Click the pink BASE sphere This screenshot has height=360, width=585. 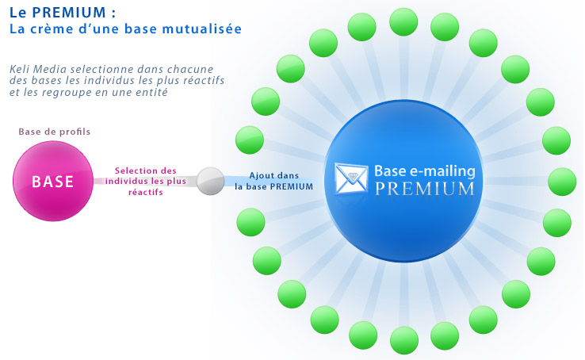[52, 182]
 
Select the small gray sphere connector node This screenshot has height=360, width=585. [210, 181]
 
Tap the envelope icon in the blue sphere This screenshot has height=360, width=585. [350, 179]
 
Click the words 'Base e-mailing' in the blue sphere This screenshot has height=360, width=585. [425, 170]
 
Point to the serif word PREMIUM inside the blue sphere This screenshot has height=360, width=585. [425, 189]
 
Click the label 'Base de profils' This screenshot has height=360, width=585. [55, 132]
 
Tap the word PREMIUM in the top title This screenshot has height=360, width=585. [69, 13]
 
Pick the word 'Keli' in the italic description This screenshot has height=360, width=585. [19, 69]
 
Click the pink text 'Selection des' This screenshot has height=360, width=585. [146, 170]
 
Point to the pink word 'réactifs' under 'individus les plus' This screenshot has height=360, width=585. [146, 192]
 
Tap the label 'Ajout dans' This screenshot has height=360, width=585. [274, 175]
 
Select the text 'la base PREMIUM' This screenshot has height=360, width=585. [273, 186]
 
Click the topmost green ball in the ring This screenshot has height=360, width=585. [403, 22]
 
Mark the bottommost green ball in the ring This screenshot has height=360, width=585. [404, 340]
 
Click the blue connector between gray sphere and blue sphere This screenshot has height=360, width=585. [273, 181]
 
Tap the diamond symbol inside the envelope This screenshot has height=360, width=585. [351, 176]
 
